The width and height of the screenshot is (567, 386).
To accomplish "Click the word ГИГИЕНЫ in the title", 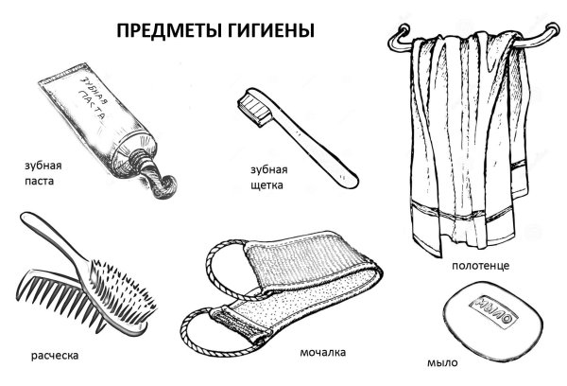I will (267, 29).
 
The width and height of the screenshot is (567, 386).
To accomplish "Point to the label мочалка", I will (324, 352).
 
